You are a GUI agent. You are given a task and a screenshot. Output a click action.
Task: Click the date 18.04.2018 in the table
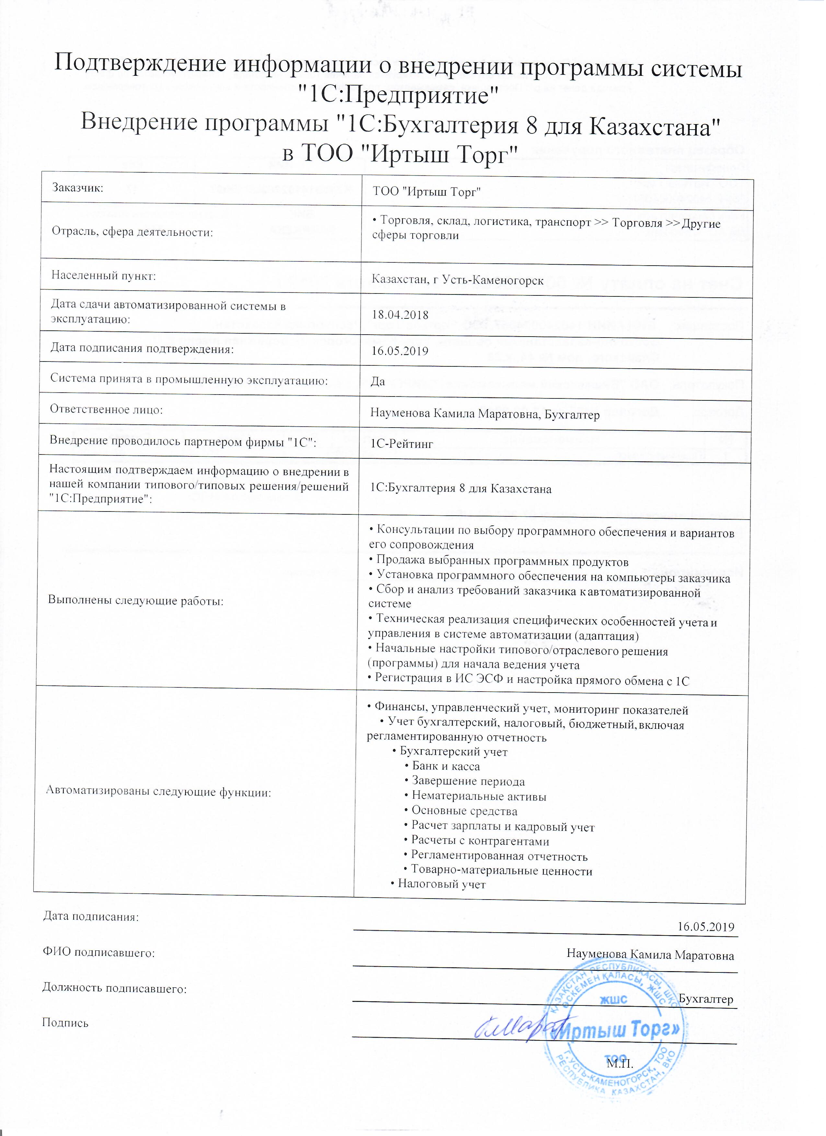point(400,315)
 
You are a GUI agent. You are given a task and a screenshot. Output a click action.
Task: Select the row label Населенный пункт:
point(104,275)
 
